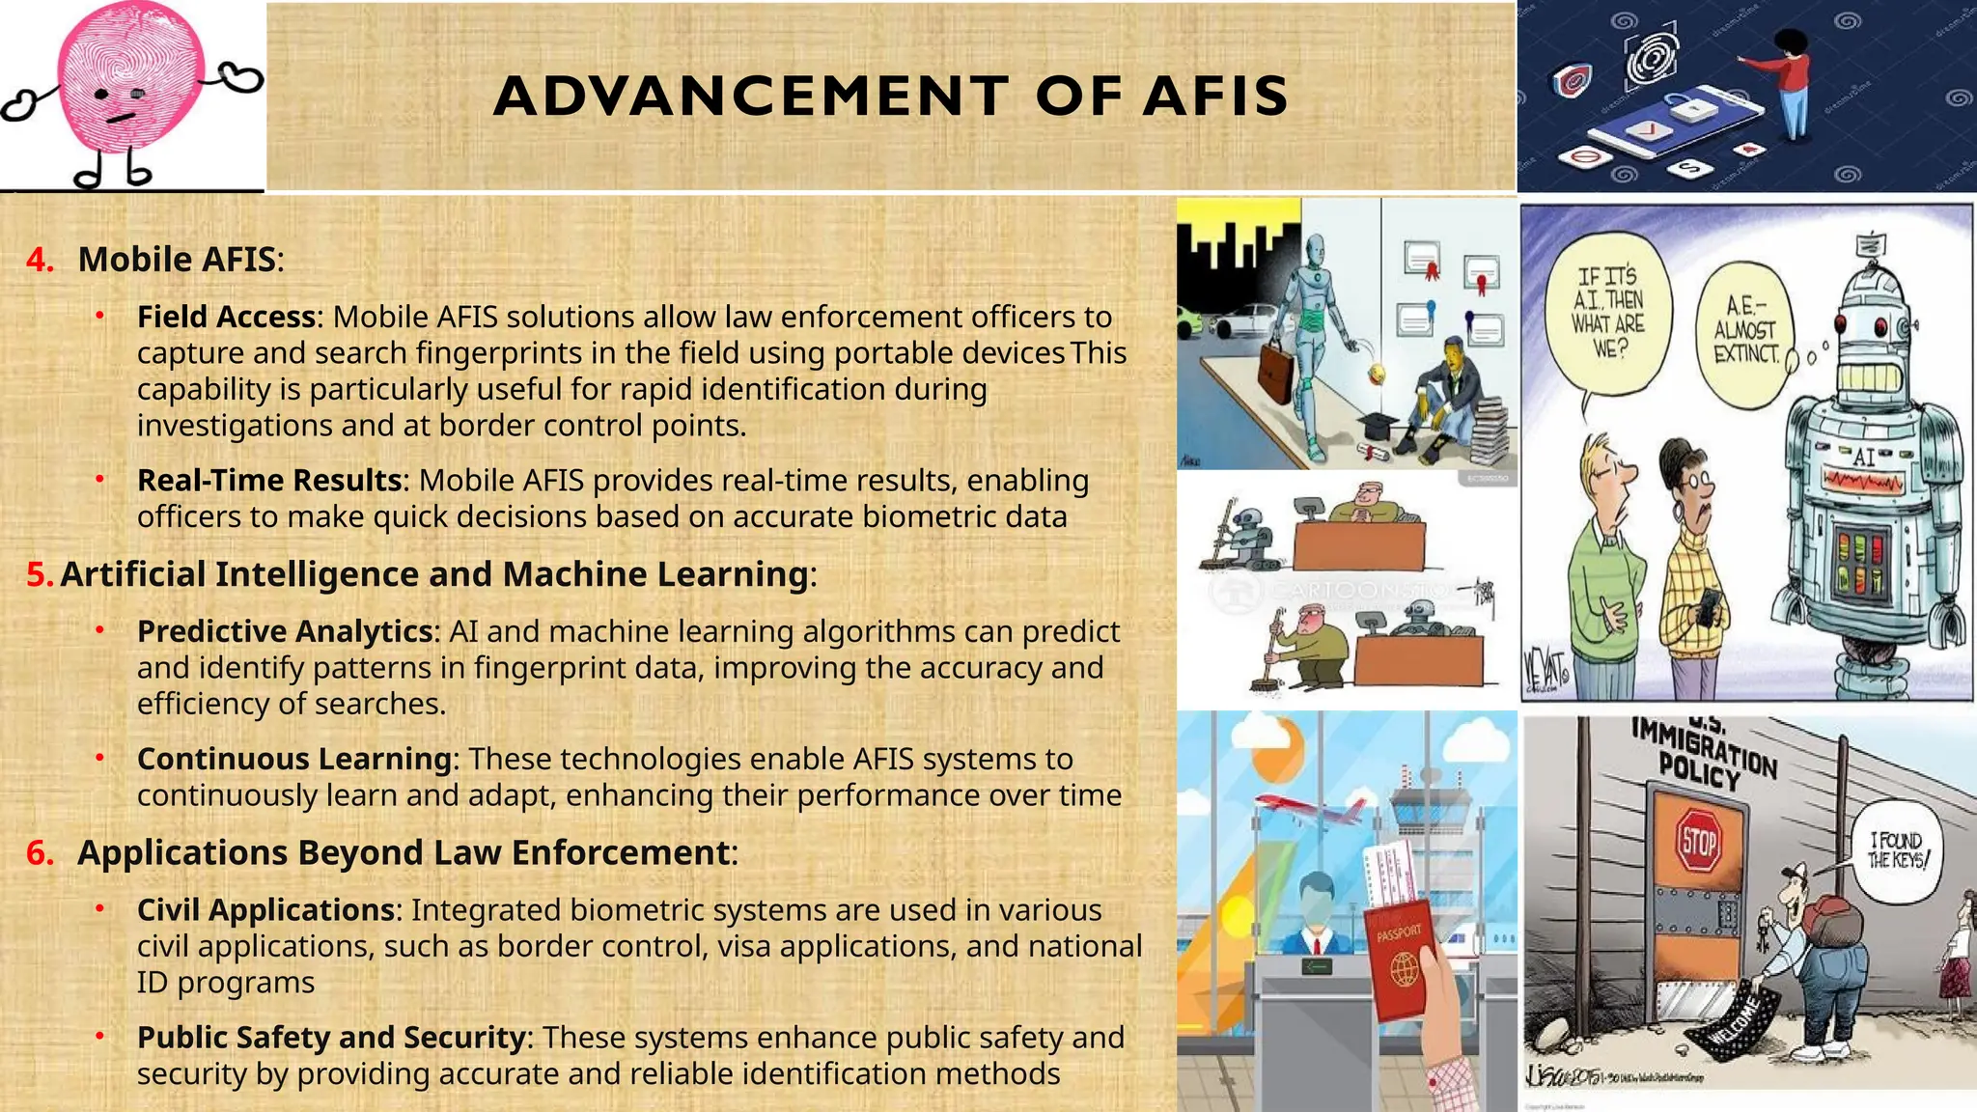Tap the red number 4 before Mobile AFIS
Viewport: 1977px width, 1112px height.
point(39,260)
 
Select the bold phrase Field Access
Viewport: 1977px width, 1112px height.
point(226,317)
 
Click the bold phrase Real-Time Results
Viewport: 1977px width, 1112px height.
point(269,480)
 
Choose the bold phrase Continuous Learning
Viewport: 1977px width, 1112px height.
point(294,759)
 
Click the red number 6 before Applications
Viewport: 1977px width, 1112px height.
point(39,853)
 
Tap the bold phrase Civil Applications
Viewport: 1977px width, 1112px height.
point(265,910)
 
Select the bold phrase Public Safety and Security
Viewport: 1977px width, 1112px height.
point(332,1038)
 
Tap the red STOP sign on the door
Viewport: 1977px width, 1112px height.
point(1698,842)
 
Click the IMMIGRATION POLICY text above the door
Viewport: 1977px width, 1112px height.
point(1704,752)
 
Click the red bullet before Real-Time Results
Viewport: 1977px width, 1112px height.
point(99,479)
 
